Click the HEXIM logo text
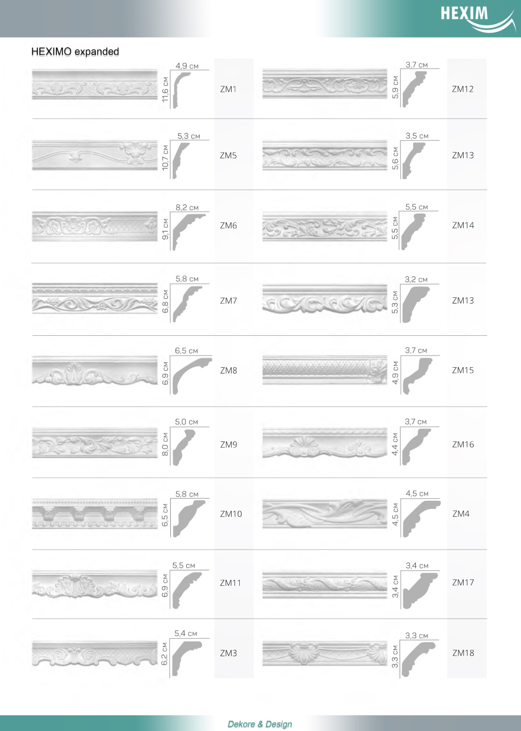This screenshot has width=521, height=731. pyautogui.click(x=464, y=14)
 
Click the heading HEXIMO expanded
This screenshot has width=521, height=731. pyautogui.click(x=75, y=52)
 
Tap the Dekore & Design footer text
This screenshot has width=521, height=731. pyautogui.click(x=260, y=724)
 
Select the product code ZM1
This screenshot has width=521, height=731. pyautogui.click(x=228, y=89)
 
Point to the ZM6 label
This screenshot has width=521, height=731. pyautogui.click(x=228, y=225)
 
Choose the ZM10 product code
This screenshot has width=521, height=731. pyautogui.click(x=231, y=514)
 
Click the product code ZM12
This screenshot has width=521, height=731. pyautogui.click(x=463, y=89)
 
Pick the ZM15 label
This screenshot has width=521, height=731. pyautogui.click(x=463, y=371)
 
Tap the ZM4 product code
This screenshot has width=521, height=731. pyautogui.click(x=461, y=514)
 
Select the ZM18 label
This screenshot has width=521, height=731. pyautogui.click(x=463, y=653)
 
